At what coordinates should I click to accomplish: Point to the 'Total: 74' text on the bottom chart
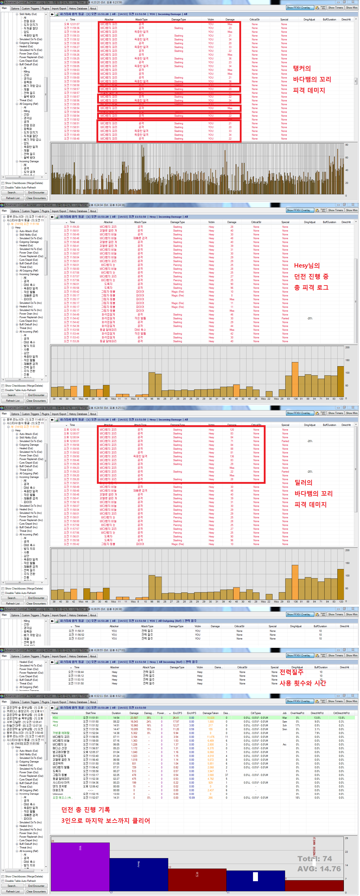coord(314,859)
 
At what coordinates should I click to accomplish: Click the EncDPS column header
coord(177,713)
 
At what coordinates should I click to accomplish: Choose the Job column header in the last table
coord(284,713)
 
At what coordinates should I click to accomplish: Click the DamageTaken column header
coord(210,713)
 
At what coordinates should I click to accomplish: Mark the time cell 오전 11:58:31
coord(76,631)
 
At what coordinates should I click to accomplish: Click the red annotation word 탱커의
coord(301,68)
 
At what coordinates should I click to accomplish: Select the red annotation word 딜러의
coord(303,482)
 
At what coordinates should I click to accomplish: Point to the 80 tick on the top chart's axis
coord(347,145)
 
